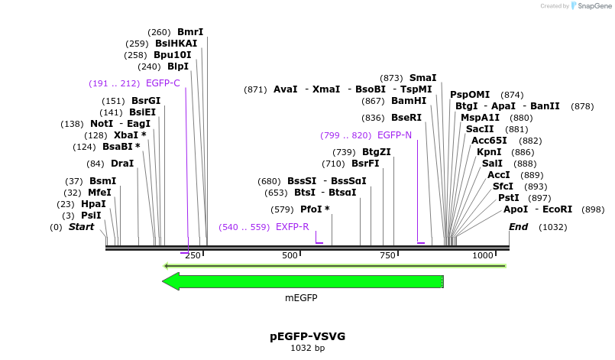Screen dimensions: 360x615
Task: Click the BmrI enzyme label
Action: tap(190, 32)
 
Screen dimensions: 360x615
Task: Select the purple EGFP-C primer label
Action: tap(163, 83)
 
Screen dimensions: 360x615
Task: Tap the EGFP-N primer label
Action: tap(394, 135)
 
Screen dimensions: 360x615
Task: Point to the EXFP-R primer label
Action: tap(293, 227)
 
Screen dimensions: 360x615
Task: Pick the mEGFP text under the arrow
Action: tap(303, 298)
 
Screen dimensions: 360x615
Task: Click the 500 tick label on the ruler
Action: tap(290, 255)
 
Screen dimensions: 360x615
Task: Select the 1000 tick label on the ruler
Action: tap(483, 255)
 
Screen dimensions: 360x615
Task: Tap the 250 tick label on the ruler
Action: tap(193, 255)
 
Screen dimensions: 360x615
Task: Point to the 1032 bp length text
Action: tap(307, 349)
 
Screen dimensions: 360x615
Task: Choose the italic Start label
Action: tap(81, 227)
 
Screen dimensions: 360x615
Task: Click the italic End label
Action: tap(518, 227)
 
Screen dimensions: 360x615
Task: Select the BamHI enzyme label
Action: tap(409, 101)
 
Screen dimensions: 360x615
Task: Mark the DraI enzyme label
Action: tap(122, 164)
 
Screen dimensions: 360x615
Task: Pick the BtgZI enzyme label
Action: tap(377, 152)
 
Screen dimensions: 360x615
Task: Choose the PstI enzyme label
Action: tap(509, 198)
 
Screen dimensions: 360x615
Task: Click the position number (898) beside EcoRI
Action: tap(593, 209)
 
